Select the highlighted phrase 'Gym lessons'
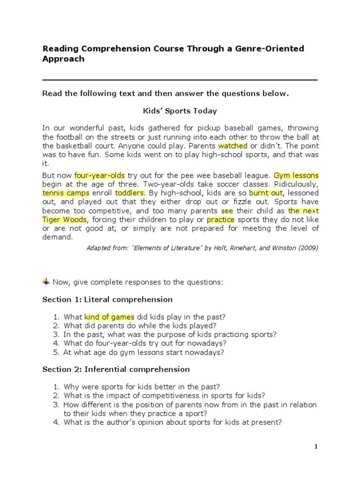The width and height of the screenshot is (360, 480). point(296,176)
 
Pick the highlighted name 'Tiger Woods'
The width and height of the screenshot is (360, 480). point(64,220)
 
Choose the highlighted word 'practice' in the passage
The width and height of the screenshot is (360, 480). point(220,220)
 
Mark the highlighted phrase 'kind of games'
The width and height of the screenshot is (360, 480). point(109,317)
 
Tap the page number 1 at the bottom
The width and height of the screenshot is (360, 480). point(316,447)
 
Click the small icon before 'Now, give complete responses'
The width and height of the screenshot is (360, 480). point(46,281)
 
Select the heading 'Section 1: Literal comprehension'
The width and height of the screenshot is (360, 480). point(107,299)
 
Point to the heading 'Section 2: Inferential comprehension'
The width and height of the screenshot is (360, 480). point(116,369)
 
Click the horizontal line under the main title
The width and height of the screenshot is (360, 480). point(180,80)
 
